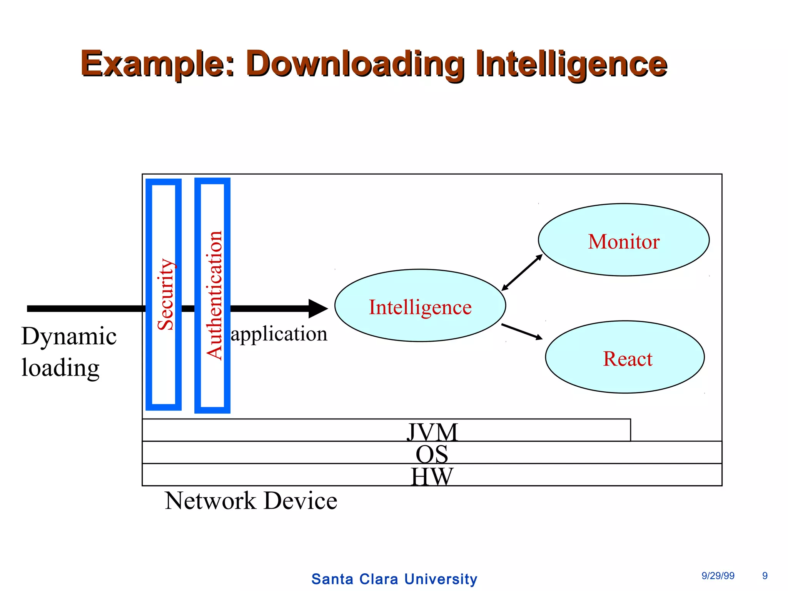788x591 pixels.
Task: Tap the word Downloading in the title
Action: (x=355, y=63)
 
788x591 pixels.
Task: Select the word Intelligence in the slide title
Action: (x=571, y=63)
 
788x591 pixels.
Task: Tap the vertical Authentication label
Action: (x=214, y=295)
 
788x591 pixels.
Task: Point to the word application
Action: (x=279, y=334)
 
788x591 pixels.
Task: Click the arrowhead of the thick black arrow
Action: (x=318, y=309)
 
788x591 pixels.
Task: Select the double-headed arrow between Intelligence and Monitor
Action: (x=522, y=272)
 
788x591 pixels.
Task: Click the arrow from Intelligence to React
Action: (x=522, y=332)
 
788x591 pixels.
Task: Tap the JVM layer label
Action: (x=432, y=432)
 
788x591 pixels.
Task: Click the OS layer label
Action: (x=432, y=454)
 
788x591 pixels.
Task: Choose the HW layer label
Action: (x=432, y=476)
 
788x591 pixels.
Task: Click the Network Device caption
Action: (x=251, y=501)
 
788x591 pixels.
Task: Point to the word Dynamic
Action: (x=69, y=336)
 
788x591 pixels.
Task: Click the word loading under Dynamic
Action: (x=60, y=368)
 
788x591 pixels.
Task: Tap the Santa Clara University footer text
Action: (x=394, y=579)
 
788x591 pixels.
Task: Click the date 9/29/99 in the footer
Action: (x=718, y=576)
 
